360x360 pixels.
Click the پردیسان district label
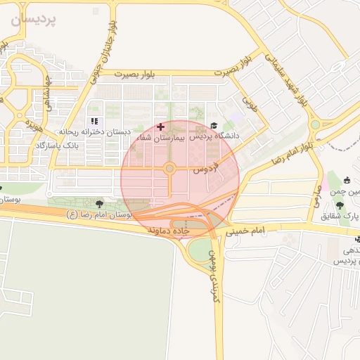tap(33, 20)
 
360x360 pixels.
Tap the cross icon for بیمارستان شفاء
tap(161, 127)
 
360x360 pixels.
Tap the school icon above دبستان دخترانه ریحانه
tap(94, 122)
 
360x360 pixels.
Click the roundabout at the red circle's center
tap(169, 168)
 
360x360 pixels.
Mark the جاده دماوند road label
tap(168, 230)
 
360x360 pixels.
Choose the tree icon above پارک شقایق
tap(340, 206)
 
